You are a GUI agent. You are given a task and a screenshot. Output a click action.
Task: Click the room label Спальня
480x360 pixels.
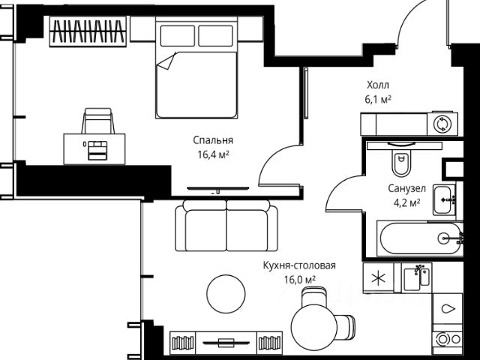213,140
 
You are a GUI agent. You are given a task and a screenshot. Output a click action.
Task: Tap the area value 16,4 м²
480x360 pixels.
213,154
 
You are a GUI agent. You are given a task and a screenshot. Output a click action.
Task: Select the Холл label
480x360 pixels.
378,85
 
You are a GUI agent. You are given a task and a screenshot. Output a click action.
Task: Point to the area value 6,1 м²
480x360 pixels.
378,100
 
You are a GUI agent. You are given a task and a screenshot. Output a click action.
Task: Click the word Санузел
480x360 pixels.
406,188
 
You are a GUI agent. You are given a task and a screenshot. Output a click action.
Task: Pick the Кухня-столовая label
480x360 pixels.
299,265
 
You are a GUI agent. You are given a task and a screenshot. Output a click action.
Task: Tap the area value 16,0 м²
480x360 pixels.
300,280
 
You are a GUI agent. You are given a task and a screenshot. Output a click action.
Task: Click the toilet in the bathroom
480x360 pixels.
401,160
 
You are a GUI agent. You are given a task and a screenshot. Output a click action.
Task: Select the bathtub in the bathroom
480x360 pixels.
420,238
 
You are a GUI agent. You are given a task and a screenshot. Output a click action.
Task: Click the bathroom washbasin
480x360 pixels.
445,200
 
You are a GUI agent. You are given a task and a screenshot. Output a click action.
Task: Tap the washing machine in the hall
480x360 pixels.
442,124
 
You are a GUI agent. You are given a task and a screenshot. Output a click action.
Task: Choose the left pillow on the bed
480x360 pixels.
178,36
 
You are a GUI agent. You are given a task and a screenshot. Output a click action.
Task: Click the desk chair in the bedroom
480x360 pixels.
98,121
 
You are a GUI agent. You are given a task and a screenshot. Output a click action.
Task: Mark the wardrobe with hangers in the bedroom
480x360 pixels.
88,31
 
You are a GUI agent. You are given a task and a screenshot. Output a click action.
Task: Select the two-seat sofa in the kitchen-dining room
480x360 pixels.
226,226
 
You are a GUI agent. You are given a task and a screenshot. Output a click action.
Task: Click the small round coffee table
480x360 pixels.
226,294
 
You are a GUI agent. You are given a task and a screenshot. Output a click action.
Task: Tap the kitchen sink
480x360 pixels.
416,277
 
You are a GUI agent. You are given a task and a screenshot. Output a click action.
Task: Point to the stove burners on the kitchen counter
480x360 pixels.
448,339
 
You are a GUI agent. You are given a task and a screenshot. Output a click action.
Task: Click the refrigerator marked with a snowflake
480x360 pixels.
378,278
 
